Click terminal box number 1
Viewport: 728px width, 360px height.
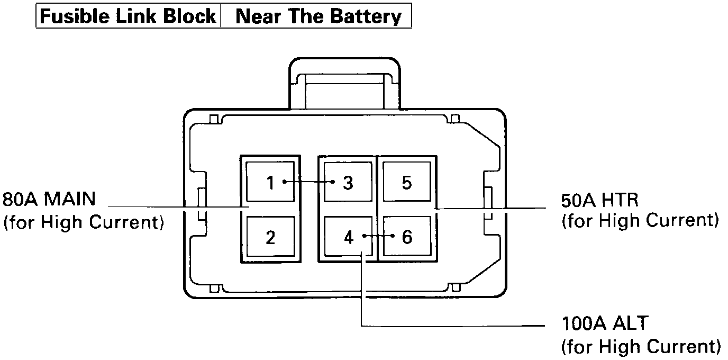click(x=270, y=182)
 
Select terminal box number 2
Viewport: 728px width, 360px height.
click(x=270, y=237)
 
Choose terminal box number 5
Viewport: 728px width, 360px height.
click(x=406, y=182)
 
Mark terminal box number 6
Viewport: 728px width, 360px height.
click(x=406, y=237)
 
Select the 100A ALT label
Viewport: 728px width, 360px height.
click(x=604, y=323)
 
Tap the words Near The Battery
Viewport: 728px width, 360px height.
click(x=318, y=16)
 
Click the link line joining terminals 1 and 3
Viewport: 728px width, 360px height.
click(x=309, y=182)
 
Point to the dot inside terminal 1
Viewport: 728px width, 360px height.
click(x=285, y=182)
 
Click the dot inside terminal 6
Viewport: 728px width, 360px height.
click(x=393, y=236)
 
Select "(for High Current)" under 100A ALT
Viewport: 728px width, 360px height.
click(x=640, y=347)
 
